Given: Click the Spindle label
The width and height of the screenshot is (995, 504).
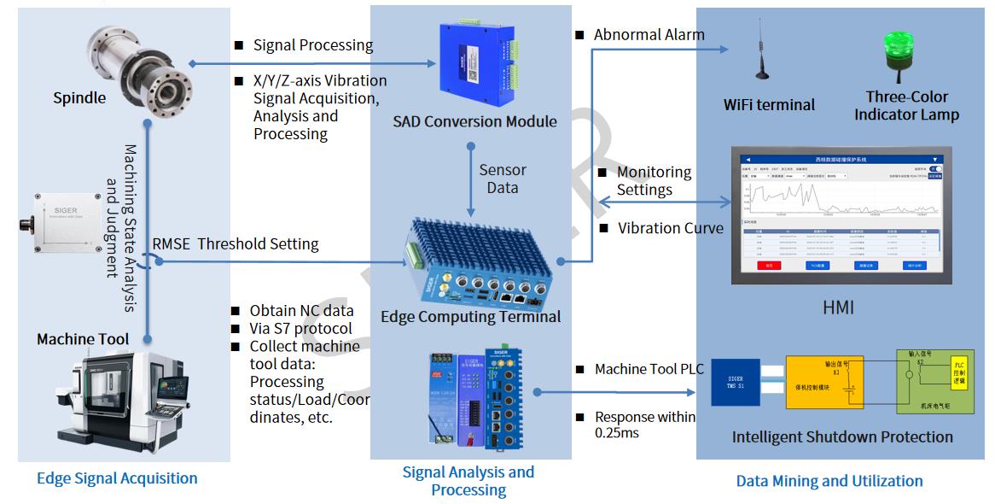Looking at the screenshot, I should point(79,97).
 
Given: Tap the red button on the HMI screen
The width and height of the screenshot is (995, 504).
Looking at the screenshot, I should point(769,266).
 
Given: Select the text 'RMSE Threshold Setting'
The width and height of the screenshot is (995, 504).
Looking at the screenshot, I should point(235,243).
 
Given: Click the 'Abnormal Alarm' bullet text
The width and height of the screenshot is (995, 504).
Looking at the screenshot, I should point(649,35).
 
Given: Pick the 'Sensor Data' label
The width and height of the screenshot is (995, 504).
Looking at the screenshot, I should point(502,179).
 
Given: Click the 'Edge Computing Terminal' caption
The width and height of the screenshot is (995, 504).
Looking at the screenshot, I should point(470,316).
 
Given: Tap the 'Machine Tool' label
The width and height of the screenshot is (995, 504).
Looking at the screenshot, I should point(83,339).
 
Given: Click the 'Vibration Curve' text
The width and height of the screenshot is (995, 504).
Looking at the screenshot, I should point(670,228).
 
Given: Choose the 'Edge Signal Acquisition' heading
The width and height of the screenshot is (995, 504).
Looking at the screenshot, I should point(117,478).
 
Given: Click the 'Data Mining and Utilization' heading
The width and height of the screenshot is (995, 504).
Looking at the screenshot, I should point(829,481).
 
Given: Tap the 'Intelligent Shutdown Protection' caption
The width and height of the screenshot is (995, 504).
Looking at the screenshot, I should point(842,437).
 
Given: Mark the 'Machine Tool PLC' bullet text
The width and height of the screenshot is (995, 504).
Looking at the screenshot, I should point(649,369).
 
